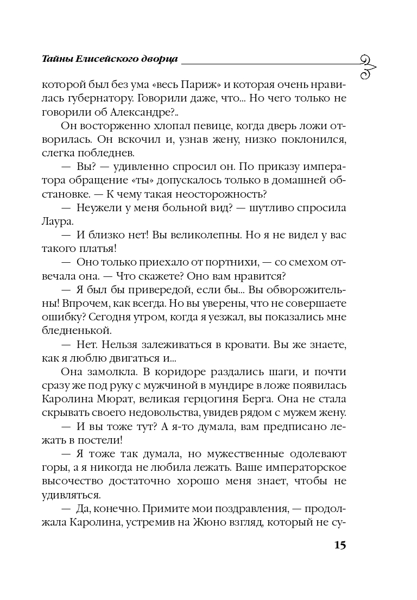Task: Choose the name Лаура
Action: pyautogui.click(x=55, y=223)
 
